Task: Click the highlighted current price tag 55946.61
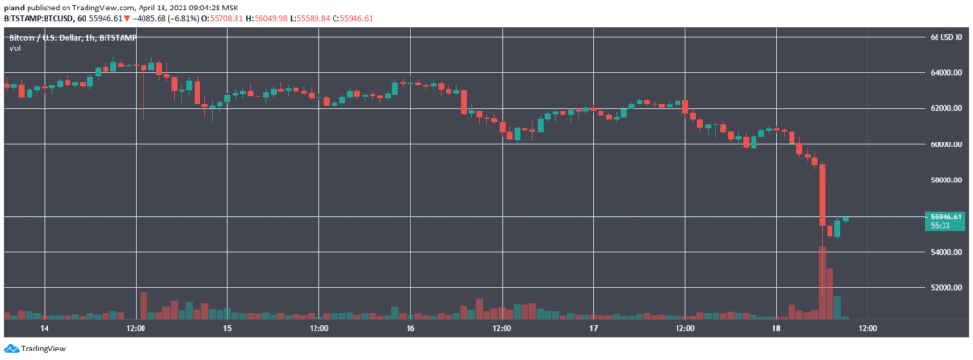click(x=946, y=217)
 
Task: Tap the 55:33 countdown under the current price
click(x=941, y=226)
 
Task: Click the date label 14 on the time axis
click(x=44, y=328)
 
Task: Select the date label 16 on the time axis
click(x=410, y=328)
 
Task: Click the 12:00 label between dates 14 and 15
click(x=135, y=328)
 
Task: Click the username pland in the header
click(x=16, y=7)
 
